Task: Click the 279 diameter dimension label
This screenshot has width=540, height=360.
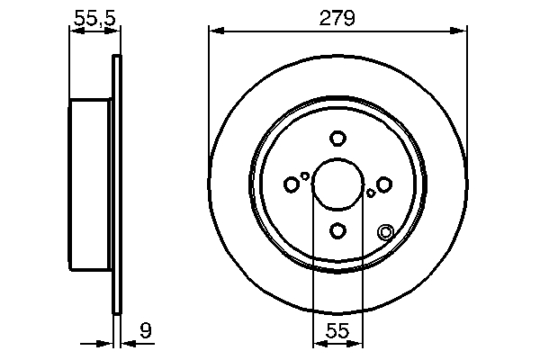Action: [x=337, y=17]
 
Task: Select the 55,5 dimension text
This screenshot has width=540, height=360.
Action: [x=94, y=17]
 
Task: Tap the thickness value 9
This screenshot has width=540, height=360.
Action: [x=146, y=331]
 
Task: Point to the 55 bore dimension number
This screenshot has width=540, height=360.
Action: [x=337, y=331]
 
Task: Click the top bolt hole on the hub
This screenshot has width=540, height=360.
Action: [x=337, y=139]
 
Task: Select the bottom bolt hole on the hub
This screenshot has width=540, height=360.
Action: [x=337, y=231]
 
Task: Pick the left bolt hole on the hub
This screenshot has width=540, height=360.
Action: [x=291, y=184]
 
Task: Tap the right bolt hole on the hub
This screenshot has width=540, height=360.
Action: [x=384, y=184]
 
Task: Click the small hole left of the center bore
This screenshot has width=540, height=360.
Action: [x=305, y=176]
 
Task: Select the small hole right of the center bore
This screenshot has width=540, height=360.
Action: [x=371, y=193]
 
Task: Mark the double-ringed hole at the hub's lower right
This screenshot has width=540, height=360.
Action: [x=386, y=232]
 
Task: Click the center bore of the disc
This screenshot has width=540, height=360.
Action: [x=337, y=184]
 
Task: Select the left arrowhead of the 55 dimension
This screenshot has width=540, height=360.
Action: [x=318, y=343]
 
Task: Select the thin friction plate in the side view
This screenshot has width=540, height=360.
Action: [x=115, y=184]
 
